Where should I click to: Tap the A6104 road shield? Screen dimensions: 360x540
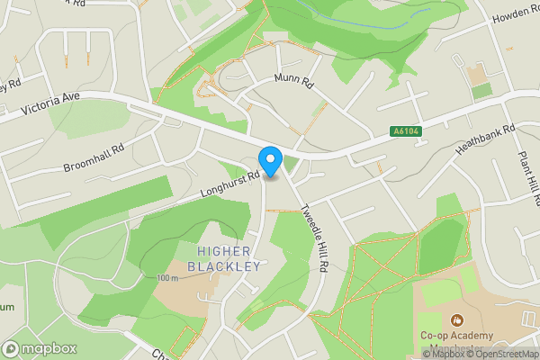(407, 131)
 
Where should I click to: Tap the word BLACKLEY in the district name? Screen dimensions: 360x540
(224, 266)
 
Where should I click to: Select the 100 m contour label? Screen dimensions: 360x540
(167, 278)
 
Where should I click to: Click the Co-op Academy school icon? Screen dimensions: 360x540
(457, 319)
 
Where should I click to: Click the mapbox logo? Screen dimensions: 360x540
(40, 348)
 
